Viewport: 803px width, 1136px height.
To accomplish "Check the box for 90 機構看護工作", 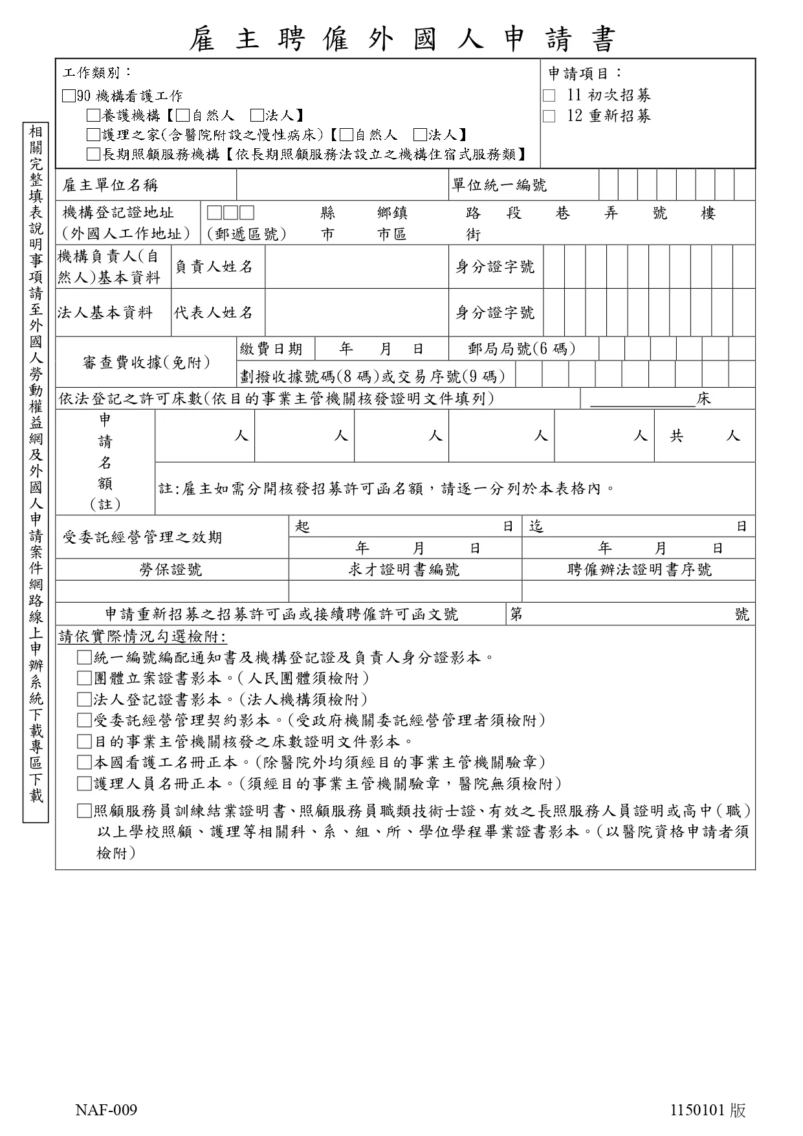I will [69, 96].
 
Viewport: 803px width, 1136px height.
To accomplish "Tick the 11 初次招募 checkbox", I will [549, 96].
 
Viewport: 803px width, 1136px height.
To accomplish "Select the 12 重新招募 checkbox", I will [549, 117].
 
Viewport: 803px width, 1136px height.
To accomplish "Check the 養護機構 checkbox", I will [94, 116].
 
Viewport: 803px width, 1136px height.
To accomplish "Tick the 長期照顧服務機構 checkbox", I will [94, 154].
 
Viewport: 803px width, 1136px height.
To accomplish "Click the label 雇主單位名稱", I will [110, 186].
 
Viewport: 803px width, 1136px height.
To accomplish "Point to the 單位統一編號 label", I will [499, 186].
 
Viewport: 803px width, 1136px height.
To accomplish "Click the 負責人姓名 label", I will [214, 267].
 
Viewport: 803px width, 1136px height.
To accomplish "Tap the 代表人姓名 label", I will [214, 313].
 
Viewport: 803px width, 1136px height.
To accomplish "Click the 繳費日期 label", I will [272, 349].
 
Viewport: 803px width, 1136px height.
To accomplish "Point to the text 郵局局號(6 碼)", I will [522, 349].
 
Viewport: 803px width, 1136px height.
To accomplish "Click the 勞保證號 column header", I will [171, 570].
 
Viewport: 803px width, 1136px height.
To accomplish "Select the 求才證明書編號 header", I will [404, 570].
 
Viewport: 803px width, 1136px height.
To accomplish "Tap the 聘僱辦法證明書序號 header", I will [639, 570].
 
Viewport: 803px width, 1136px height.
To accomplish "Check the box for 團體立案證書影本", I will [83, 678].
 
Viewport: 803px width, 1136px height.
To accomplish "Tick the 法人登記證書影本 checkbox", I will [83, 700].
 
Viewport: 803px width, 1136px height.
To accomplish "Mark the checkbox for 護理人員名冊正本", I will [83, 784].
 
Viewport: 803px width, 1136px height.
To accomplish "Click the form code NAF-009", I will [106, 1111].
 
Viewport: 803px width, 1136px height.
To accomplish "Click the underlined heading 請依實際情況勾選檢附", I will [142, 636].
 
